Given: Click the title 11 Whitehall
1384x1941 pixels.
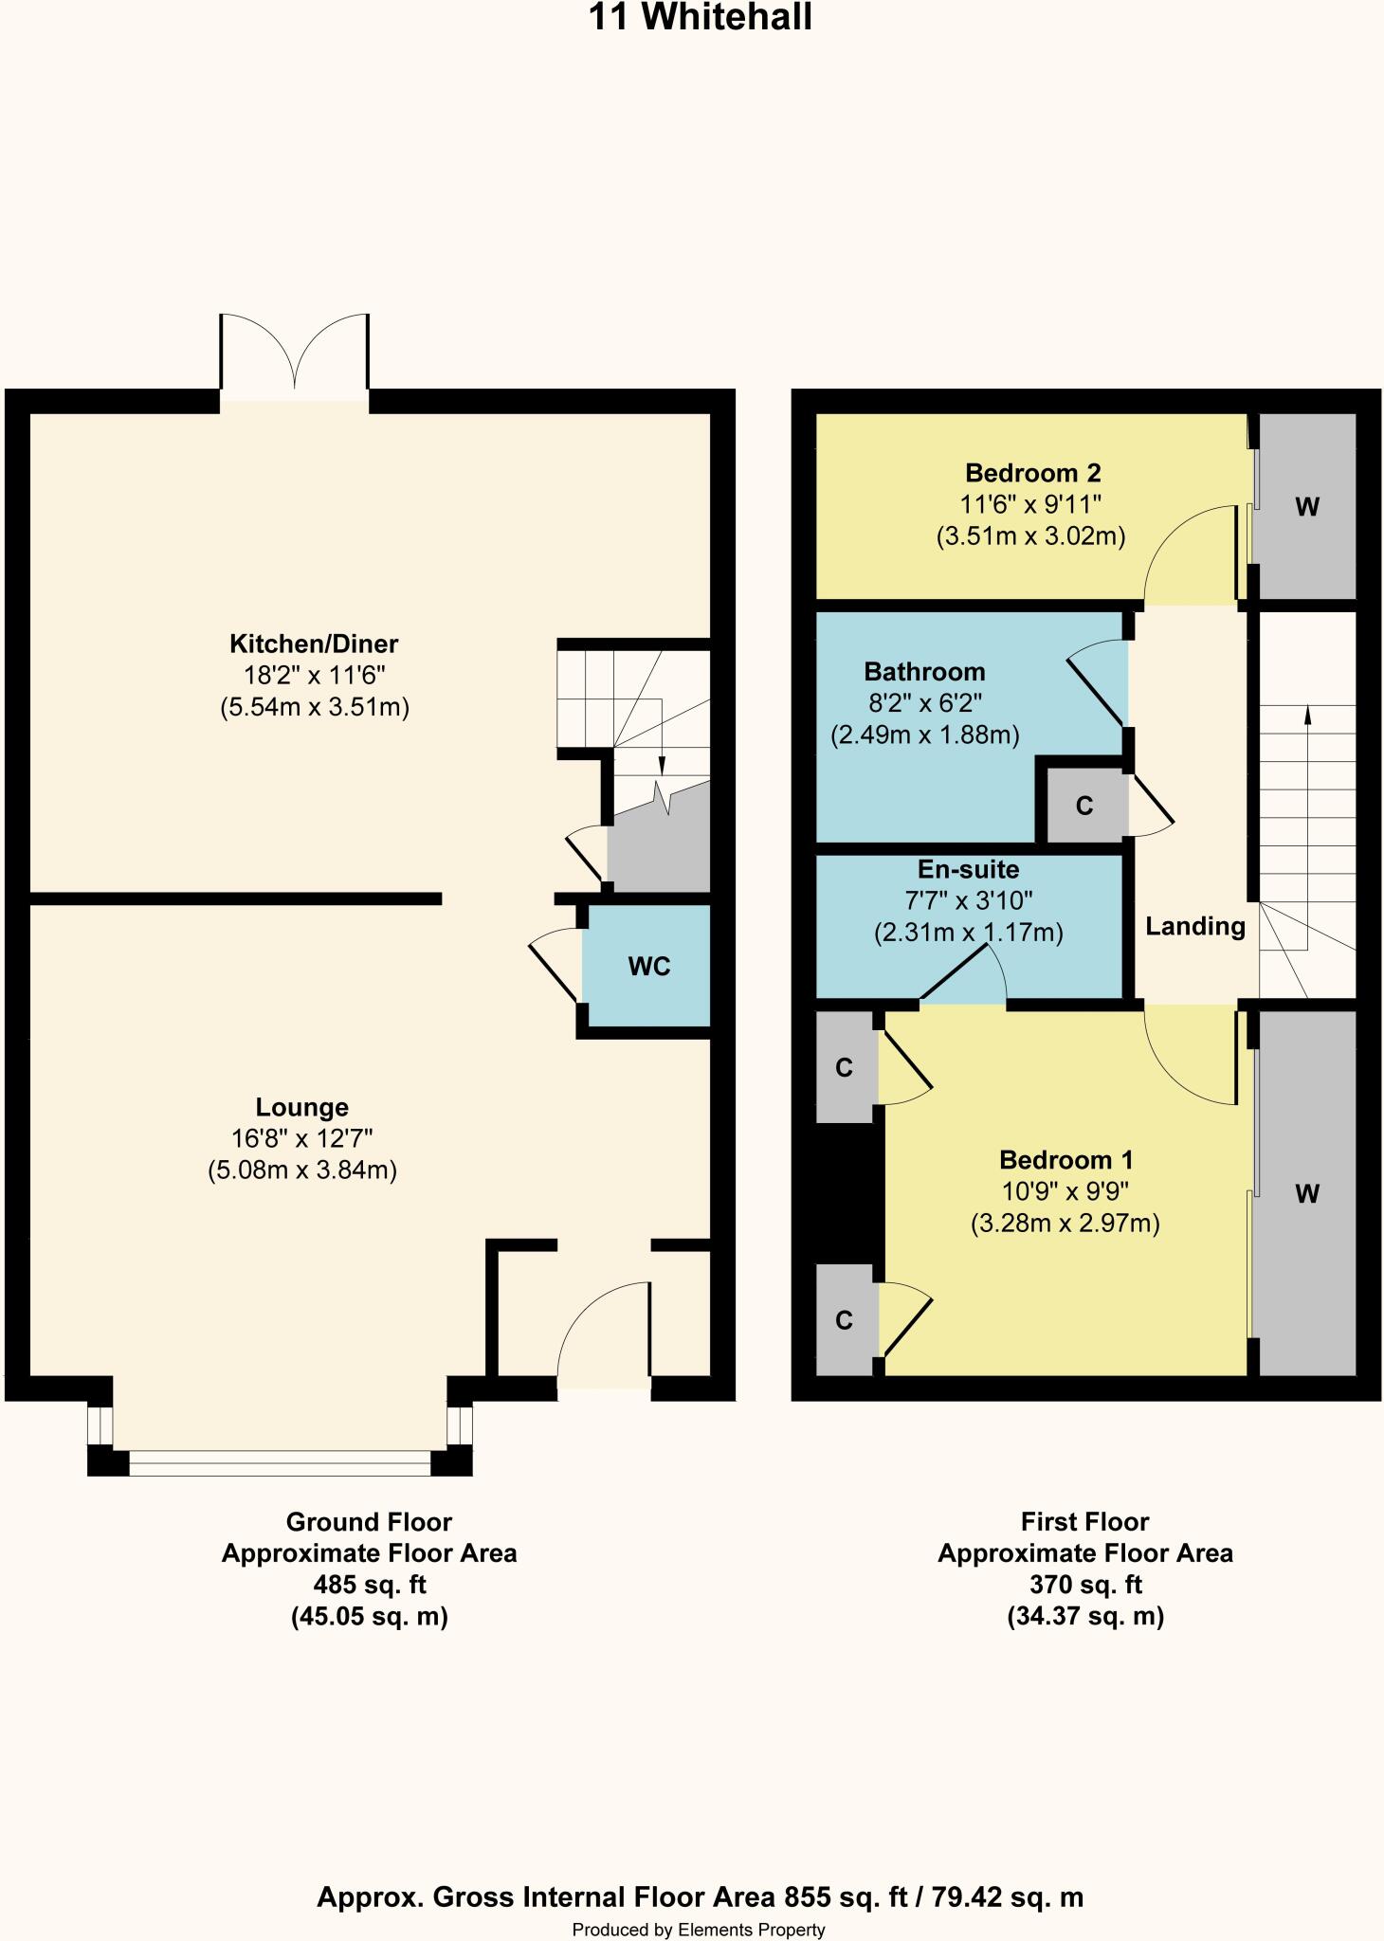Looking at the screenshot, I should tap(701, 18).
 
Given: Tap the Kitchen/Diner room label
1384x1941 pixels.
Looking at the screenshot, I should tap(314, 644).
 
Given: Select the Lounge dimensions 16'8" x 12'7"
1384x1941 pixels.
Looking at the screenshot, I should tap(302, 1139).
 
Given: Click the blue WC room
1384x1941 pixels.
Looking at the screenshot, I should tap(648, 966).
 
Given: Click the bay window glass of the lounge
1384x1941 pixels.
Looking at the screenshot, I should tap(280, 1468).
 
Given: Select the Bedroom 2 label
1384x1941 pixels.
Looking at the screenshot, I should tap(1032, 473).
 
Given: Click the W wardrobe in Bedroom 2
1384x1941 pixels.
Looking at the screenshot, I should tap(1306, 507).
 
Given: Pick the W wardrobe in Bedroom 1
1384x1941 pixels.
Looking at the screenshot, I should tap(1306, 1194).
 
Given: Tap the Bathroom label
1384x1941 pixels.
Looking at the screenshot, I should tap(924, 672).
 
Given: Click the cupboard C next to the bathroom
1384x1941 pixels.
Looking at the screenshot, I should tap(1084, 806).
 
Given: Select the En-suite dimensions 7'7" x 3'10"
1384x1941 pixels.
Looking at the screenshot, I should tap(968, 900).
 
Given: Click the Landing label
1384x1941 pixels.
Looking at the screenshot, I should tap(1194, 926).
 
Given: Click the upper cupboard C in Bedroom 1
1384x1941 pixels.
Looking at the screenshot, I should tap(845, 1068).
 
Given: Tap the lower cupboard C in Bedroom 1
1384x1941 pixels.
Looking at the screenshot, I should tap(845, 1320).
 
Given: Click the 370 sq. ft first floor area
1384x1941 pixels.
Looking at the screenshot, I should tap(1084, 1585).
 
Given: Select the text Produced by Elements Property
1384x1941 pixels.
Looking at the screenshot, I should tap(699, 1930).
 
